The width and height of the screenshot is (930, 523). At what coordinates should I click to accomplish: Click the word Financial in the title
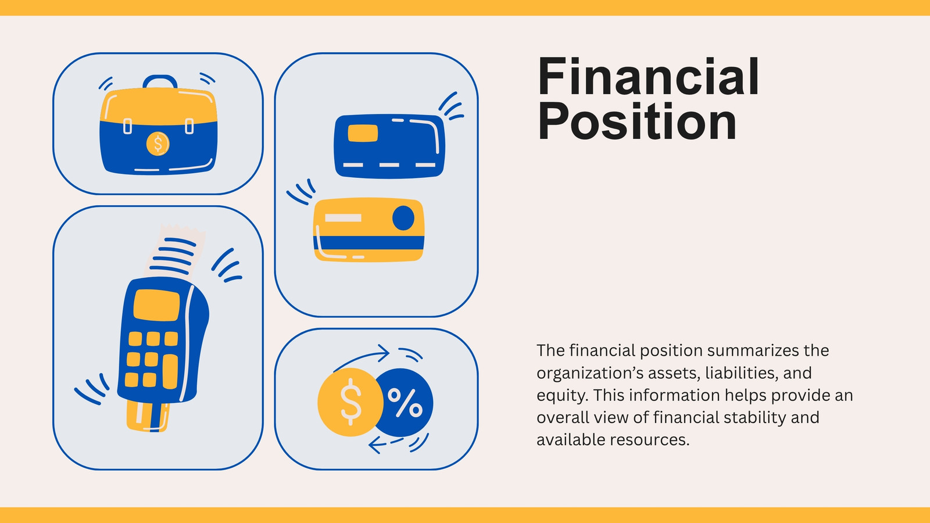648,77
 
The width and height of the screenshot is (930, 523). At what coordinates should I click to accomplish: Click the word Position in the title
637,122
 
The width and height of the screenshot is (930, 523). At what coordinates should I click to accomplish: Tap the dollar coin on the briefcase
158,144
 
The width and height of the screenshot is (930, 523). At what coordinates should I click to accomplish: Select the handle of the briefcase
160,81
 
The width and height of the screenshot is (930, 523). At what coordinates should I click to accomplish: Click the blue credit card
389,146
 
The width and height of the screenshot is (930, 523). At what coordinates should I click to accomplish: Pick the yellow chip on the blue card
363,133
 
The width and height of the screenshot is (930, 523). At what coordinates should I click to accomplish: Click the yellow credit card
369,230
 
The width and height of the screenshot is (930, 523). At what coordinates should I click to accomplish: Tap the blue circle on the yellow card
403,217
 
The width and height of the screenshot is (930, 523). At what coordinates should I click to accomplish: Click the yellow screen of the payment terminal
156,305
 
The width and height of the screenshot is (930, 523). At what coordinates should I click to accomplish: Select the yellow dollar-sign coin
350,402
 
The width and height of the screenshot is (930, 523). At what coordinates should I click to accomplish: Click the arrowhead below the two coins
375,445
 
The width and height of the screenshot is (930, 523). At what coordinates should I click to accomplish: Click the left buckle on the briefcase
128,126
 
